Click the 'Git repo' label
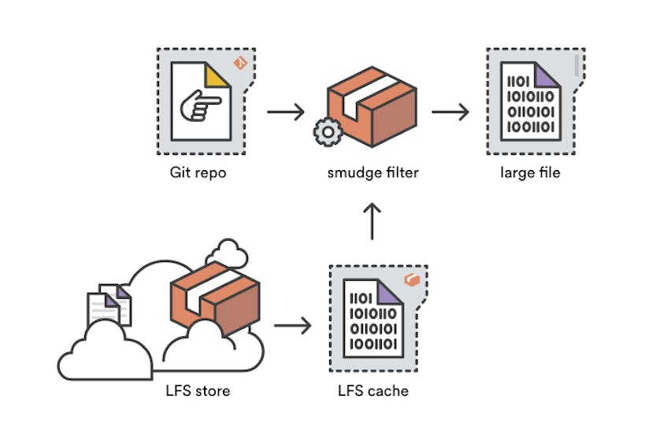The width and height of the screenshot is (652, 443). tap(198, 172)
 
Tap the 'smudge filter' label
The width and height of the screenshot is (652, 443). tap(372, 172)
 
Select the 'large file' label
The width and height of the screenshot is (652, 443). tap(530, 172)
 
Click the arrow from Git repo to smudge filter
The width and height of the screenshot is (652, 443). tap(285, 112)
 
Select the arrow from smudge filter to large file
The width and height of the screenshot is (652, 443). tap(450, 112)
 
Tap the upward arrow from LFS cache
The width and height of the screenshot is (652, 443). tap(372, 222)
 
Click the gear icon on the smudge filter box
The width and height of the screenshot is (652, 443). tap(325, 131)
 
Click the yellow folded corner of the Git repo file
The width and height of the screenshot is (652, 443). tap(218, 75)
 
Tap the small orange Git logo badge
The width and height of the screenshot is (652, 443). tap(240, 63)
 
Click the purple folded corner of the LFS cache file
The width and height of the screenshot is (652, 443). tap(387, 292)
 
